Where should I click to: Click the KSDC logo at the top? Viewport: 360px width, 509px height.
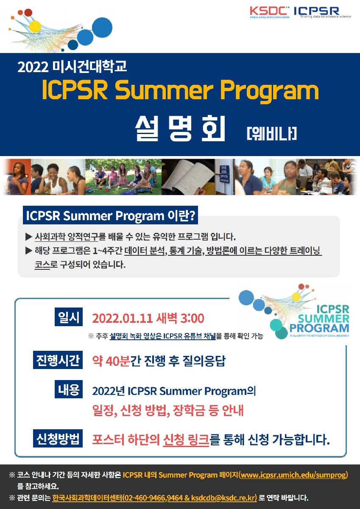[x=270, y=12]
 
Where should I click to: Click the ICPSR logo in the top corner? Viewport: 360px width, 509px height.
[x=322, y=12]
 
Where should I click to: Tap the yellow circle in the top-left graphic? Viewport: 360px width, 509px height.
[x=35, y=26]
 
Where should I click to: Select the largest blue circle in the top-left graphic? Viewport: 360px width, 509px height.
[x=102, y=27]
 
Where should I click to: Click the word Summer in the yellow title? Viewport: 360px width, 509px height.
[x=166, y=90]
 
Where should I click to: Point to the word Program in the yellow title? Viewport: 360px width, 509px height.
[x=270, y=92]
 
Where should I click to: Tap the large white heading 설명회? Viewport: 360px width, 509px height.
[x=180, y=129]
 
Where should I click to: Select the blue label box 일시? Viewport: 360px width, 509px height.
[x=69, y=317]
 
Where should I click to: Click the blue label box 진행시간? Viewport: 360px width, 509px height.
[x=58, y=360]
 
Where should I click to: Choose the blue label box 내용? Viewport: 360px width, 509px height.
[x=69, y=389]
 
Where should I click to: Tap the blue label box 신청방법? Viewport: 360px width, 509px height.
[x=58, y=438]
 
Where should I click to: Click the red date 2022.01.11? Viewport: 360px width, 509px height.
[x=122, y=319]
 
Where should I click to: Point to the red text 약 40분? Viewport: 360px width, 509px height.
[x=111, y=361]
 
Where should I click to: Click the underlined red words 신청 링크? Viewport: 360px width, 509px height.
[x=186, y=439]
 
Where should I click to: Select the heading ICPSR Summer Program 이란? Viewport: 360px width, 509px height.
[x=110, y=215]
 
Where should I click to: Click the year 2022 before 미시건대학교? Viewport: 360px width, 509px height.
[x=33, y=67]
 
